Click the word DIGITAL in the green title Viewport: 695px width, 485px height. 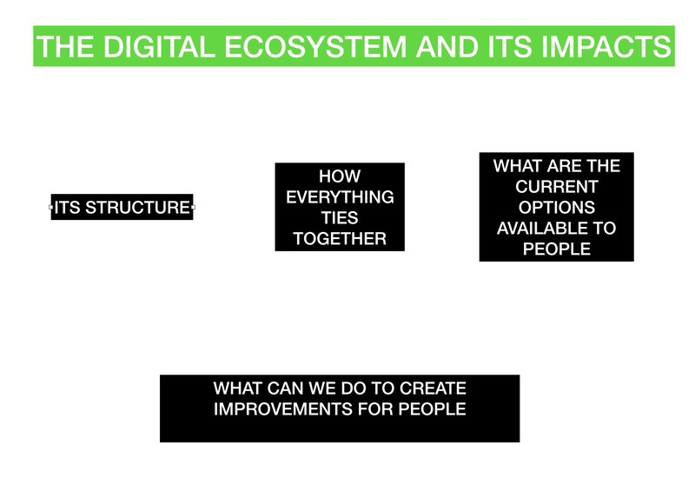[159, 47]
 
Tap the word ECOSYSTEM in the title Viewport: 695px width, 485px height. [315, 47]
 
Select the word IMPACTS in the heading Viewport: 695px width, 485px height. [606, 47]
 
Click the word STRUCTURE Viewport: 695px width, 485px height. [137, 208]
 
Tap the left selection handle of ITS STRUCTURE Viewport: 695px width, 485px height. [50, 207]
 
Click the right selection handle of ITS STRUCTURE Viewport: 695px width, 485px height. [193, 207]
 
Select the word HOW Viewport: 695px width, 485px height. [340, 176]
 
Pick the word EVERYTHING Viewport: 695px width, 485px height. [340, 197]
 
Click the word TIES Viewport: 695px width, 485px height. [340, 218]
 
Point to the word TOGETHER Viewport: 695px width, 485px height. [340, 239]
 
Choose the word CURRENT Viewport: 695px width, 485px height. [557, 187]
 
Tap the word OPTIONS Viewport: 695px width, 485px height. [557, 208]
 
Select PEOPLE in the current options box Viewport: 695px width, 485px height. [557, 249]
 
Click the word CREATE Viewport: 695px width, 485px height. [433, 389]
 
